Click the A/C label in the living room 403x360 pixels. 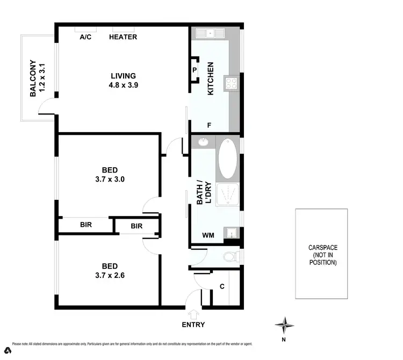tap(85, 37)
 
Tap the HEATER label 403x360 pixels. tap(123, 37)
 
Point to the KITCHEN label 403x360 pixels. tap(211, 78)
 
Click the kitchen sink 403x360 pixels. tap(210, 34)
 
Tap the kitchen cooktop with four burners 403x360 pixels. tap(231, 83)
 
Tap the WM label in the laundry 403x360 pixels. tap(208, 235)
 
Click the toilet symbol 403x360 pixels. tap(229, 256)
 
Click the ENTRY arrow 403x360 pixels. tap(193, 314)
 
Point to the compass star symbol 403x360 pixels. tap(285, 325)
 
